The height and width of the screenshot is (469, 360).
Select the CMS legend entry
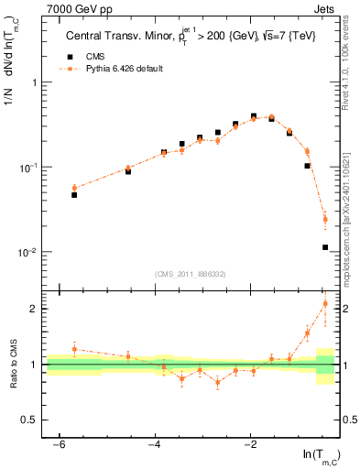tap(85, 57)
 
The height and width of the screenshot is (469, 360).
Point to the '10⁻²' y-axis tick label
tap(27, 252)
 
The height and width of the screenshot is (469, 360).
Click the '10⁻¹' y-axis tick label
tap(27, 168)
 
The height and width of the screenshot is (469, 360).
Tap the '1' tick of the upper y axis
tap(33, 83)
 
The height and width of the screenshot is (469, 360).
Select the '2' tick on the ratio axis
tap(34, 309)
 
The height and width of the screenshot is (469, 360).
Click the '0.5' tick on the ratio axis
tap(29, 420)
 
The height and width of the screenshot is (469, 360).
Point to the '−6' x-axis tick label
tap(58, 445)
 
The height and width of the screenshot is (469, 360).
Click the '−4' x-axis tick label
tap(154, 445)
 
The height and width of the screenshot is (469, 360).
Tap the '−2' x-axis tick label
tap(250, 445)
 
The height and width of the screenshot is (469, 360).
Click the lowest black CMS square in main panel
tap(325, 247)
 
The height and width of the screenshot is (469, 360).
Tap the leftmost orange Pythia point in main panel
tap(74, 188)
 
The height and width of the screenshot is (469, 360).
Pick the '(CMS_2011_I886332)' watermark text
tap(191, 274)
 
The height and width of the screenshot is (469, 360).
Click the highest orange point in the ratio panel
tap(325, 303)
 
